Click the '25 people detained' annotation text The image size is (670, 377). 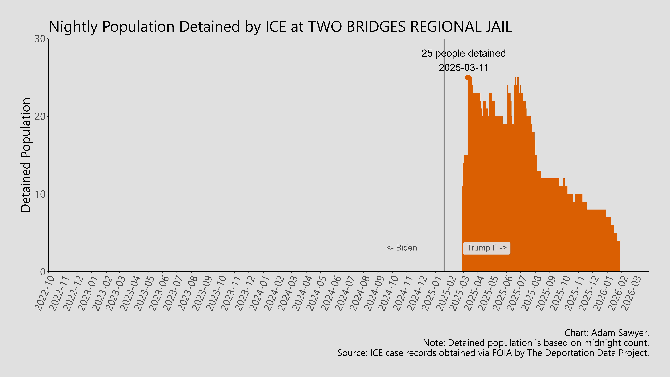463,53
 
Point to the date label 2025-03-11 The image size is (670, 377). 463,68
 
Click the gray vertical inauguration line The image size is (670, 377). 444,156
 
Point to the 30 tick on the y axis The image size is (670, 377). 40,39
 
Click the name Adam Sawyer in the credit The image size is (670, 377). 620,333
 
